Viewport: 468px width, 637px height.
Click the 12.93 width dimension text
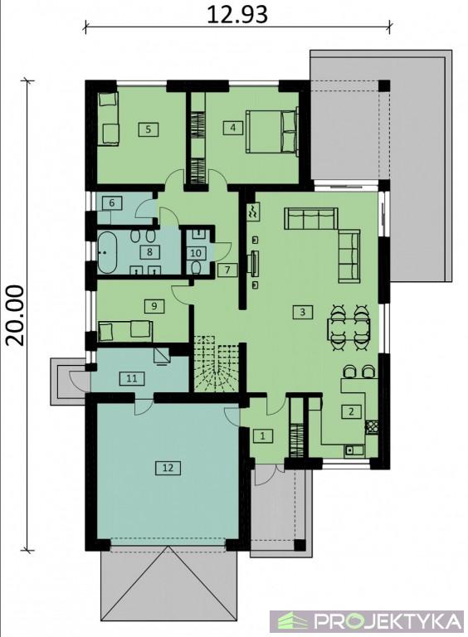(x=237, y=14)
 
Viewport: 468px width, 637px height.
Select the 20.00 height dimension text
(x=16, y=315)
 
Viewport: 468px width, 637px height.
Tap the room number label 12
(x=168, y=468)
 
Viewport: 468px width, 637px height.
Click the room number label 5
(x=149, y=129)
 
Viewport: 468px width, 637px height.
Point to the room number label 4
(x=233, y=128)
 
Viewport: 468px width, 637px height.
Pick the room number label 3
(x=302, y=312)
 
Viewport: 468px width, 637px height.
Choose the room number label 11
(x=132, y=378)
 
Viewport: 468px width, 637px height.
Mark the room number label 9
(x=154, y=305)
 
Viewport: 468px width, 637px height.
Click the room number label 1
(x=263, y=436)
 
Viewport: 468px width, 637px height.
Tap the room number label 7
(x=227, y=270)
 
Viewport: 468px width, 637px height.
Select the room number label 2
(x=351, y=411)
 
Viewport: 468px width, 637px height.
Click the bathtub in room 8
(x=107, y=252)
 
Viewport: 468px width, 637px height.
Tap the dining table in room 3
(x=349, y=328)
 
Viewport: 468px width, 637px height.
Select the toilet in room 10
(x=196, y=268)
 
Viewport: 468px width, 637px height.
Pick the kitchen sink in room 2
(x=354, y=450)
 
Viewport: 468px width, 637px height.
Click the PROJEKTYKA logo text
(x=389, y=621)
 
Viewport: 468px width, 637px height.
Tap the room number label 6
(x=112, y=202)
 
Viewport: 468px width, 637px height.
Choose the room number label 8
(x=150, y=252)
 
